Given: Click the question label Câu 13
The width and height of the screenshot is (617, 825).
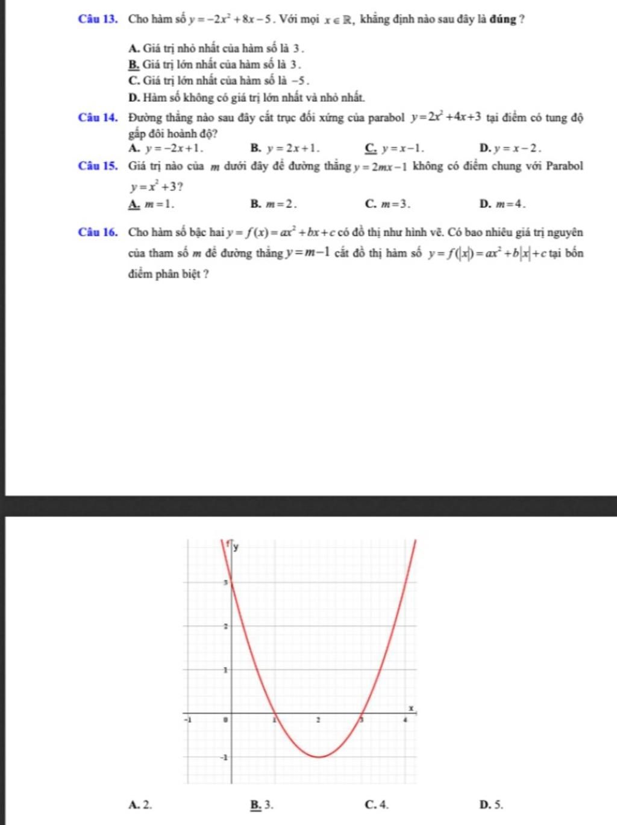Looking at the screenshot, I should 97,19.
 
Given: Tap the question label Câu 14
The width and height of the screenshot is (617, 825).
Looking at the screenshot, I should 97,117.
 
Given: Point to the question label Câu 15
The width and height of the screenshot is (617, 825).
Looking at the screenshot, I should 97,166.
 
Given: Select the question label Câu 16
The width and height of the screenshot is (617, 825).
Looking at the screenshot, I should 97,232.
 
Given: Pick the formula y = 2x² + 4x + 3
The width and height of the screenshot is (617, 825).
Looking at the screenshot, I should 446,117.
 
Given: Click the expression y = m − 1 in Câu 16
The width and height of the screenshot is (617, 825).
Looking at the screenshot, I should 307,253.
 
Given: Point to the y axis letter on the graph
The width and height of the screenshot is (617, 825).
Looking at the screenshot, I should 236,547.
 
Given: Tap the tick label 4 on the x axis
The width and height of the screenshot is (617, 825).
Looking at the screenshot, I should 406,719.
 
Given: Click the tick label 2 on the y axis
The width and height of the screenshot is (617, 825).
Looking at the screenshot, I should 225,626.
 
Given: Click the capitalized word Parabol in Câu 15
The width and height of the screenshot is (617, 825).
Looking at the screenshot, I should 564,166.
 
